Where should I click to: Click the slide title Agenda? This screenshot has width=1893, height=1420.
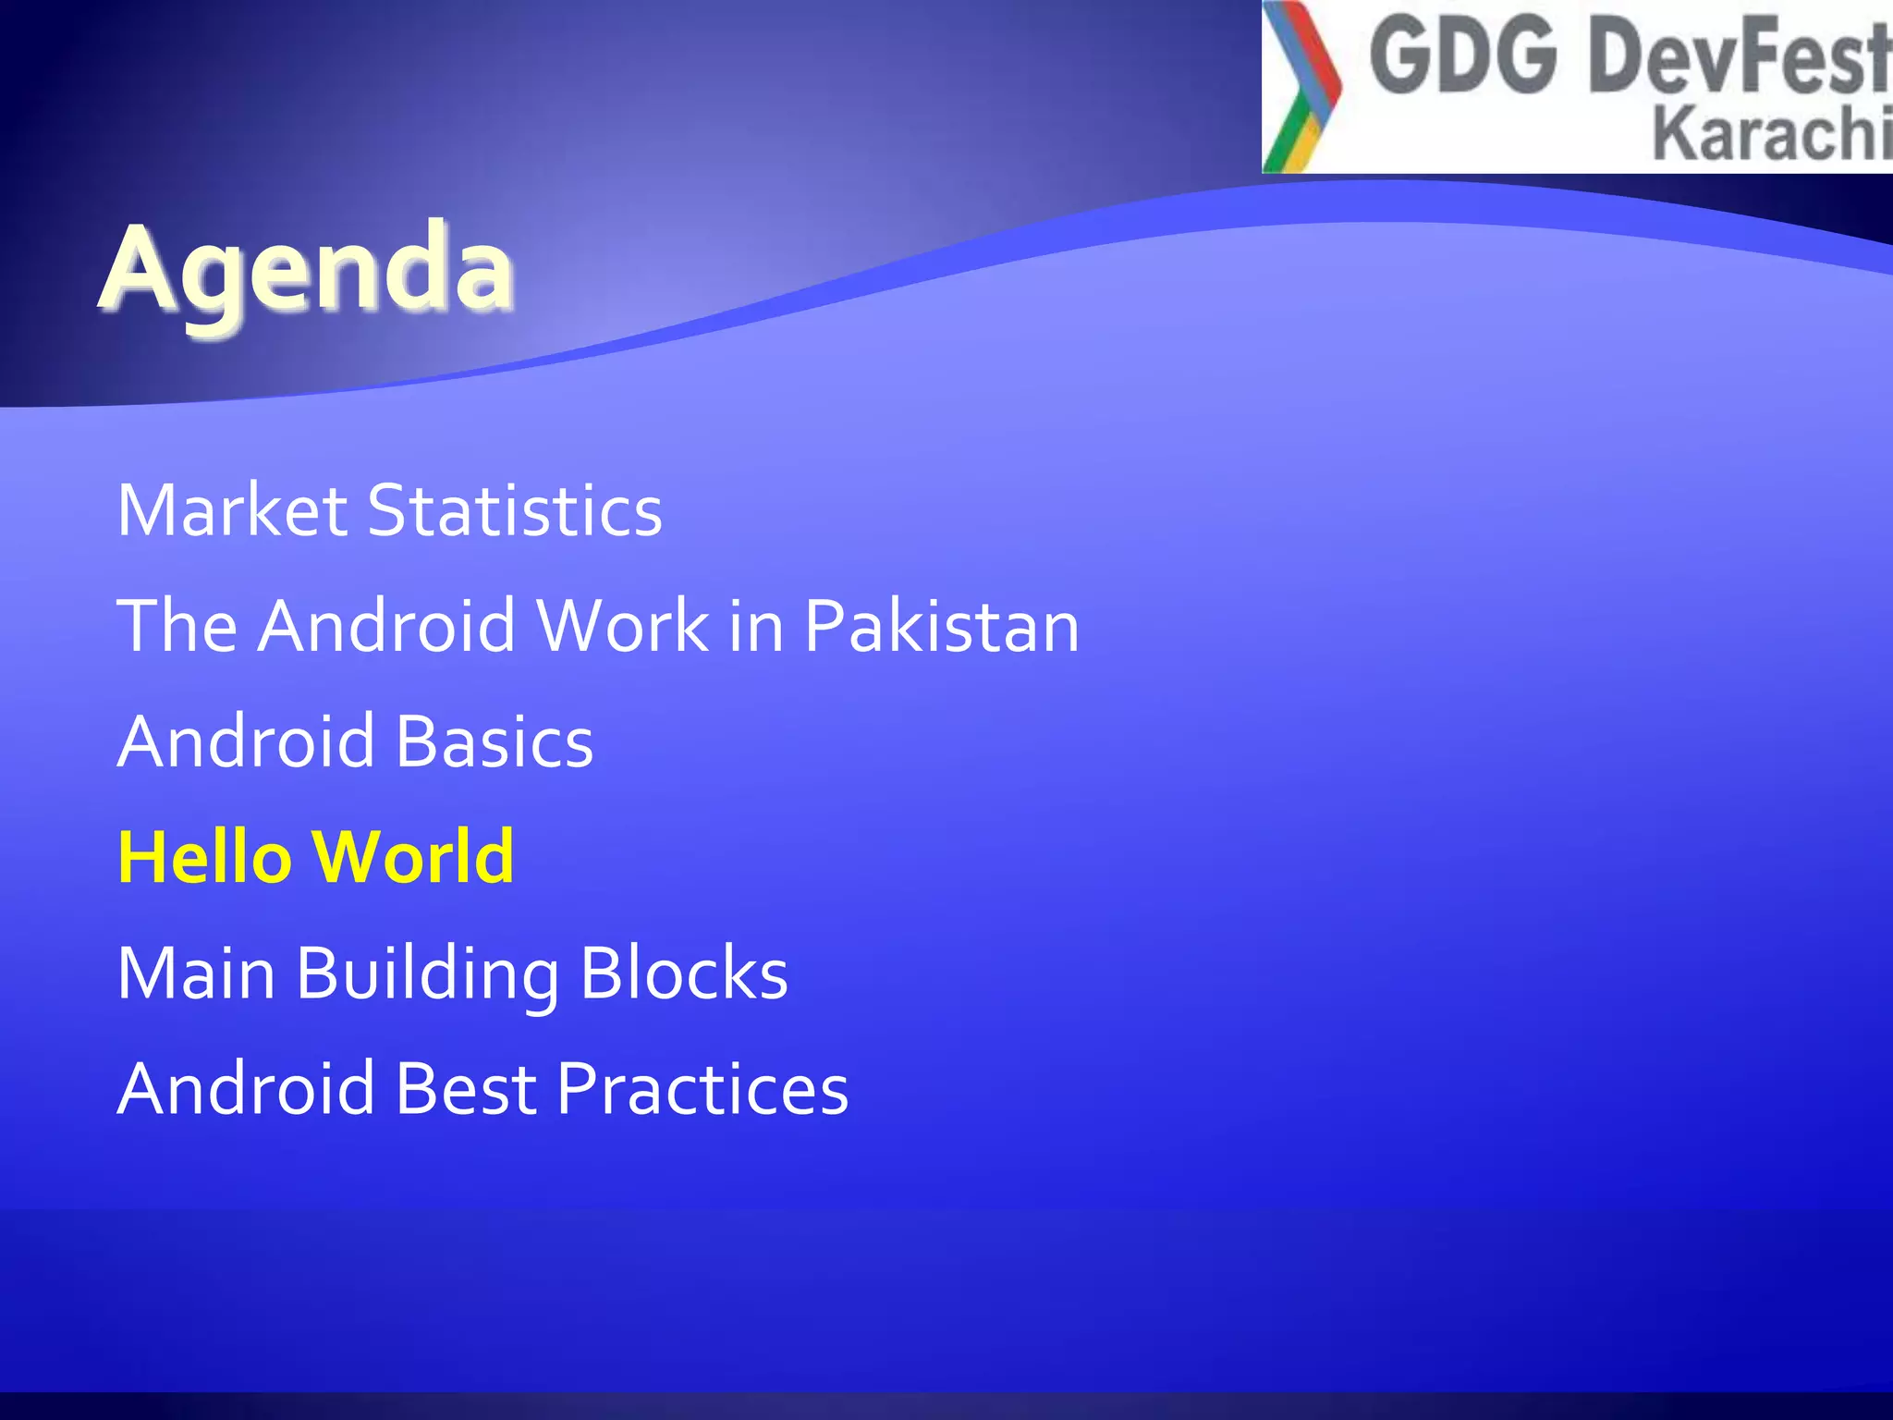[306, 269]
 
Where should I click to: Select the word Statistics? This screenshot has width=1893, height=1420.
[515, 510]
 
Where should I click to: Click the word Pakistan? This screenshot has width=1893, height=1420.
[941, 626]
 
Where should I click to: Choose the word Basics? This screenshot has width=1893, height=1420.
[495, 741]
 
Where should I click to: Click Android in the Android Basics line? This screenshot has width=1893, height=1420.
[247, 741]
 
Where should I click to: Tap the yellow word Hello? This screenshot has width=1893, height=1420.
[205, 857]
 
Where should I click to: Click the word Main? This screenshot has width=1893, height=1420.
[196, 973]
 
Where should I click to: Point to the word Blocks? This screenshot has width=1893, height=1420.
[684, 973]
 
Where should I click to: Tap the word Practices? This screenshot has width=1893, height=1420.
[702, 1088]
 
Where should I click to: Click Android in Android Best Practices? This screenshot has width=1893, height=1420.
[247, 1088]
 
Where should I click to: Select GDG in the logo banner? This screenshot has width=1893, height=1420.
[1463, 57]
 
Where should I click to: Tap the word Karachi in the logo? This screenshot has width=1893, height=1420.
[1770, 135]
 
